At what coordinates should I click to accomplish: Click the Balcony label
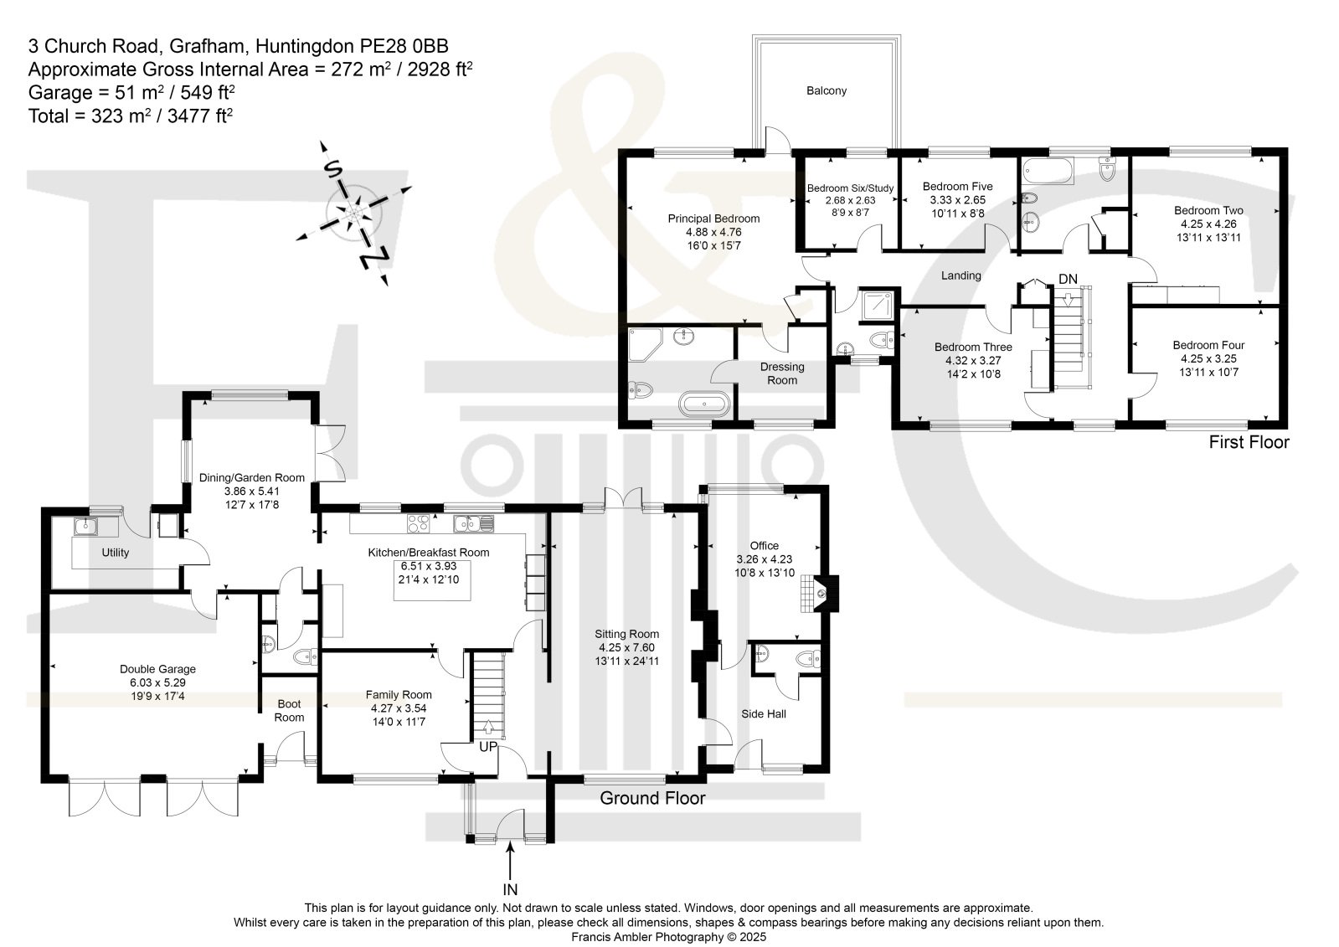point(827,91)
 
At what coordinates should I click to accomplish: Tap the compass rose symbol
point(354,213)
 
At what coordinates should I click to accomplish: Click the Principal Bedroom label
point(713,219)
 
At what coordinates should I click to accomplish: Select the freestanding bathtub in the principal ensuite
point(704,404)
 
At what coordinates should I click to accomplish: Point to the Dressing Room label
point(782,373)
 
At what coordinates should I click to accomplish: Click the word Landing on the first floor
point(960,275)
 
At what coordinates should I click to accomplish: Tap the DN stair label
point(1068,279)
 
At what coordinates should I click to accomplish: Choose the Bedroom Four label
point(1208,346)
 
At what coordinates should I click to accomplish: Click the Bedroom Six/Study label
point(850,188)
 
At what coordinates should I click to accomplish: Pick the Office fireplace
point(820,594)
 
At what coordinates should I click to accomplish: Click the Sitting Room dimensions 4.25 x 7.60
point(626,647)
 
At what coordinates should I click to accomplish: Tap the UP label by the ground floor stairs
point(487,747)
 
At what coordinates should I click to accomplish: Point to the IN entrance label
point(510,889)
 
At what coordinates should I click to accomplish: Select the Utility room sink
point(86,527)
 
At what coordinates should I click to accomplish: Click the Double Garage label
point(157,670)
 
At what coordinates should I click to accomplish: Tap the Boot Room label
point(289,711)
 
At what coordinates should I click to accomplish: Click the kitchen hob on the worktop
point(418,523)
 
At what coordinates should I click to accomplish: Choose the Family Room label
point(398,695)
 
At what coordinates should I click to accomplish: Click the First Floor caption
point(1249,442)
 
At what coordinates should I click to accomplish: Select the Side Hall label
point(764,714)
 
